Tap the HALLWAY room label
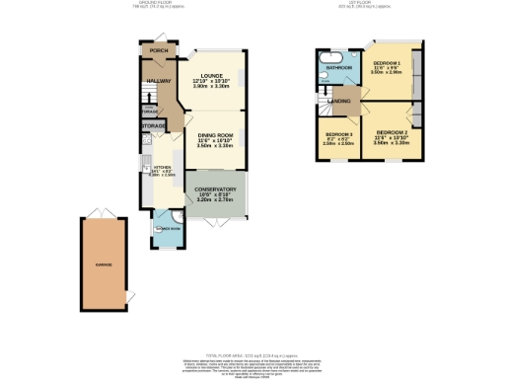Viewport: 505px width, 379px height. [159, 82]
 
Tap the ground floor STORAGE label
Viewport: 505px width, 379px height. [153, 126]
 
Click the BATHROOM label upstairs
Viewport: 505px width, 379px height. [339, 68]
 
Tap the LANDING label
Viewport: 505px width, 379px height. [341, 100]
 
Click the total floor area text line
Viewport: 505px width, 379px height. [252, 352]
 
